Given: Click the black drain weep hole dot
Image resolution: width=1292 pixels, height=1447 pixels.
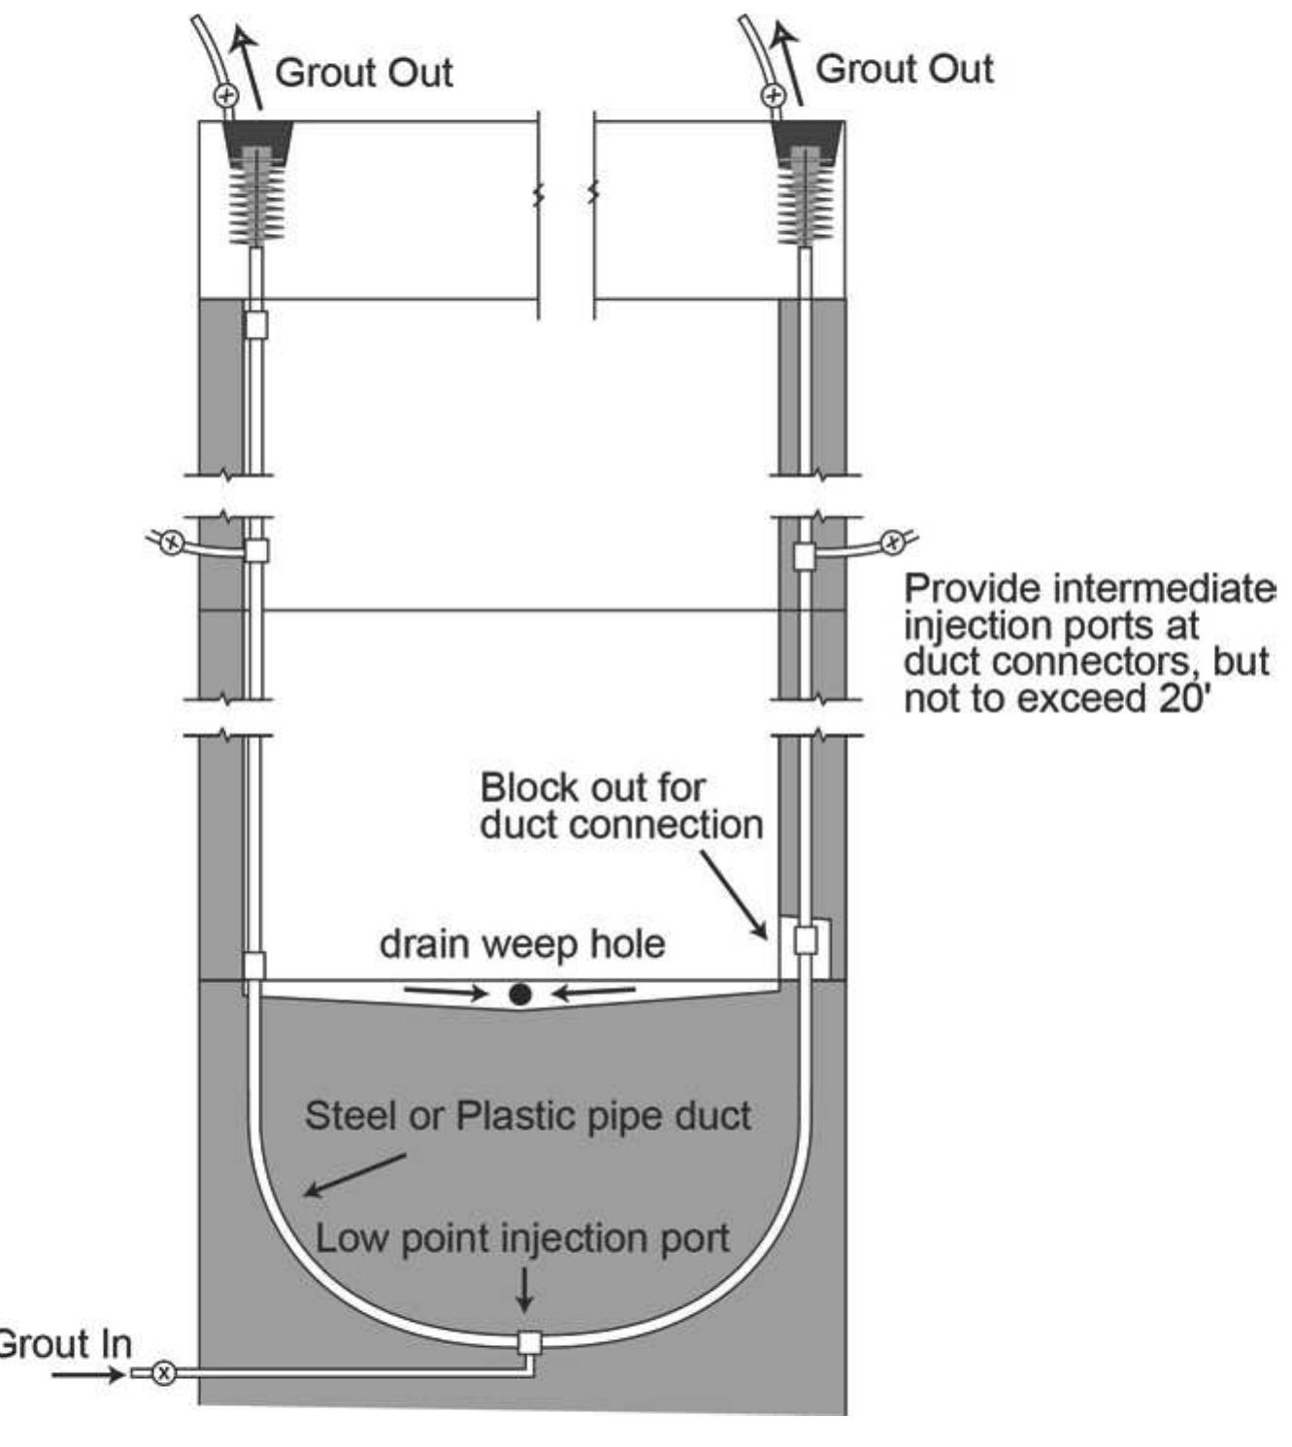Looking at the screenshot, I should pos(520,993).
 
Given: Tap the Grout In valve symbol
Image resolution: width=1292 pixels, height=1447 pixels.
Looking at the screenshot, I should pos(164,1372).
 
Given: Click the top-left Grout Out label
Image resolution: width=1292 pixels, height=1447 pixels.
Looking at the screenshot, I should pos(364,73).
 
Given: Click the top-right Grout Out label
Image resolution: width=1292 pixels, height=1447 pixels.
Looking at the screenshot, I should pos(904,69).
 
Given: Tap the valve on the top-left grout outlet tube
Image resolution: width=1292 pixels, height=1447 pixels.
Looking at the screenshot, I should pos(225,95).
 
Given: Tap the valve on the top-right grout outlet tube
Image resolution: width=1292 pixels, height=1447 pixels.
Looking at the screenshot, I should pos(774,95).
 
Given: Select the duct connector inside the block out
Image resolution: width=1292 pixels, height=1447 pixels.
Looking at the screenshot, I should pos(806,940).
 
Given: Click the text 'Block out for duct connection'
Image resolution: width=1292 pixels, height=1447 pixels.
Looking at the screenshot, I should pos(621,806).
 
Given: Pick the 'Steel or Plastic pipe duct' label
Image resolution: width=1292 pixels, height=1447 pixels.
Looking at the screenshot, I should pos(527,1115).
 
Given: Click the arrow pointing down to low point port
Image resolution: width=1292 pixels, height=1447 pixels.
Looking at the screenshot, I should pos(524,1291).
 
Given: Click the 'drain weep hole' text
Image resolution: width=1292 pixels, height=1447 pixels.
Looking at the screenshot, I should pos(522,943).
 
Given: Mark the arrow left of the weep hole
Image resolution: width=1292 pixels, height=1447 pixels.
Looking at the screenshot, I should pos(445,992).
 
